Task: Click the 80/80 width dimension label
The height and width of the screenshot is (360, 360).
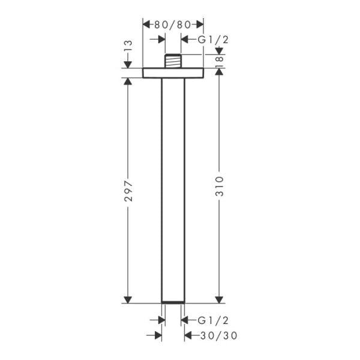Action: pyautogui.click(x=173, y=25)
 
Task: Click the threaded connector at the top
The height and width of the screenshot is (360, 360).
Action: pyautogui.click(x=173, y=61)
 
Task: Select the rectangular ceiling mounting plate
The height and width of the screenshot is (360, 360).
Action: pyautogui.click(x=173, y=73)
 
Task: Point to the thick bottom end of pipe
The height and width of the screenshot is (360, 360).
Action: pyautogui.click(x=173, y=300)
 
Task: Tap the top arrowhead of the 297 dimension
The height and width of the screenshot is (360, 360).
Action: pyautogui.click(x=127, y=83)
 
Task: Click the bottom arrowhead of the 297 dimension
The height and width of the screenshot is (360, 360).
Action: pyautogui.click(x=127, y=298)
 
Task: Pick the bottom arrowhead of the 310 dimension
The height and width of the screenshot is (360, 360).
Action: pyautogui.click(x=220, y=298)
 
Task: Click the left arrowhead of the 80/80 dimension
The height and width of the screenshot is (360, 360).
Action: pyautogui.click(x=147, y=25)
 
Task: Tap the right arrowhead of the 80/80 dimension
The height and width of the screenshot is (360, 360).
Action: pyautogui.click(x=199, y=25)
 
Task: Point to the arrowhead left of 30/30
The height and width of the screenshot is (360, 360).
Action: pyautogui.click(x=158, y=336)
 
